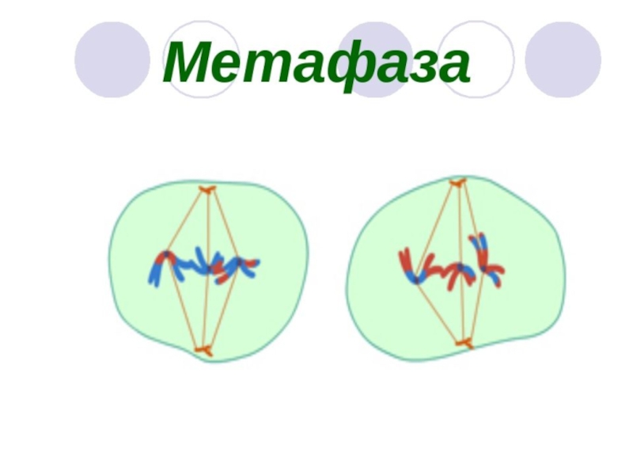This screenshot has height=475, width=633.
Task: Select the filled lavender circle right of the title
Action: pyautogui.click(x=563, y=59)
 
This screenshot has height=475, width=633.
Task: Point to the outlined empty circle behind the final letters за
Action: pyautogui.click(x=476, y=59)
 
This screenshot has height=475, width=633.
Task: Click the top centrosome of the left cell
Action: pyautogui.click(x=207, y=189)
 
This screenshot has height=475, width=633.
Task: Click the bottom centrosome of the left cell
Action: pyautogui.click(x=204, y=349)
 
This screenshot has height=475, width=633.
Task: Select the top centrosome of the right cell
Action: pyautogui.click(x=457, y=184)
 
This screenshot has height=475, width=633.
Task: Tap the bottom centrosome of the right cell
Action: pyautogui.click(x=464, y=343)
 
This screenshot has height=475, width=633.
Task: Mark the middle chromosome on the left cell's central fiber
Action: pyautogui.click(x=204, y=264)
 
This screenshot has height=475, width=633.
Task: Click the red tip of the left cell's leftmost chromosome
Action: pyautogui.click(x=166, y=256)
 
